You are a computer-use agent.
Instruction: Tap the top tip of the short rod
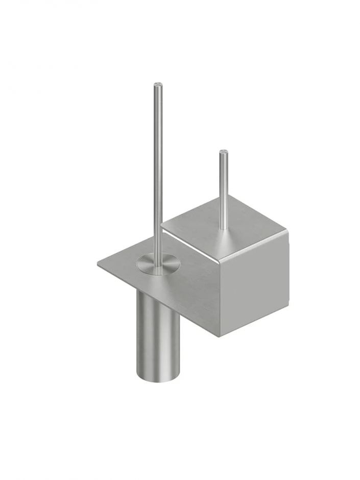223,152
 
